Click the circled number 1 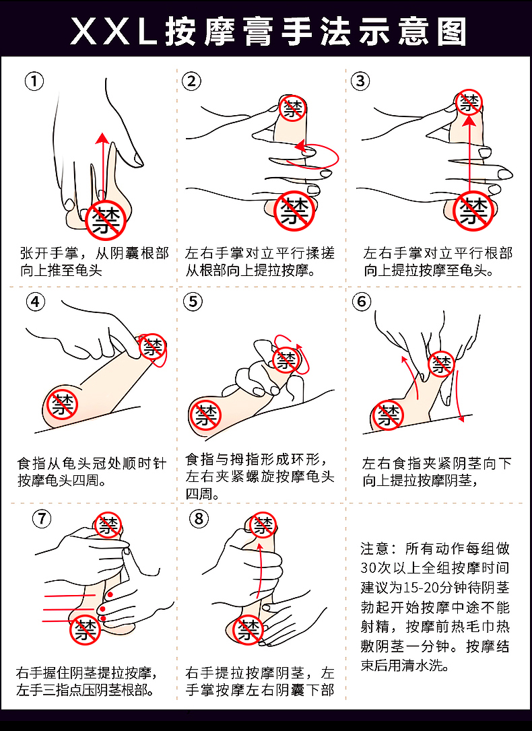click(34, 81)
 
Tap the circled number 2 click(191, 81)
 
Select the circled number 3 click(360, 81)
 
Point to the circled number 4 click(36, 302)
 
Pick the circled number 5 click(193, 302)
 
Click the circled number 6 click(362, 302)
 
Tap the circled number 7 click(42, 518)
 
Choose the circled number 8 click(199, 518)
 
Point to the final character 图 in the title click(451, 32)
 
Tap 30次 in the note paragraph click(375, 568)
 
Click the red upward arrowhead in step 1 click(102, 138)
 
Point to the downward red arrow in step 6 click(460, 396)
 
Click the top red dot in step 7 click(110, 594)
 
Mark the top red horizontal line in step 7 click(70, 596)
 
